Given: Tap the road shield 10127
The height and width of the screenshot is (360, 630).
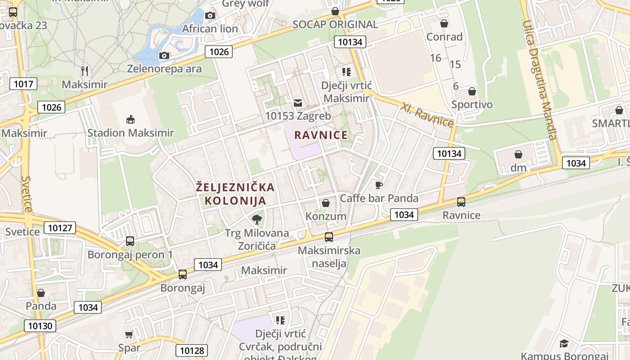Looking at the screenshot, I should coord(60,228).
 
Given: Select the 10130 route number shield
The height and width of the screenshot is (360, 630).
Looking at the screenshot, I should coord(40,326).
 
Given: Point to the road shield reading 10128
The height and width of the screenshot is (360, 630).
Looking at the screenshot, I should coord(192,351).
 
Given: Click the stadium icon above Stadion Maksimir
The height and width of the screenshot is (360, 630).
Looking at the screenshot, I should coord(130,120).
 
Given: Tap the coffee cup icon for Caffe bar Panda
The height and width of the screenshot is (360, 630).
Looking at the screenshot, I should coord(379,185).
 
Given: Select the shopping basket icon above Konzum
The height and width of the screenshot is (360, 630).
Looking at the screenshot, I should coord(326,203).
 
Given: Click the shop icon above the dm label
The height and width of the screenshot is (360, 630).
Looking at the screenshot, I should coord(518,154).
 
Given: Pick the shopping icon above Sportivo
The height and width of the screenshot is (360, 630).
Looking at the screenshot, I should coord(472,92).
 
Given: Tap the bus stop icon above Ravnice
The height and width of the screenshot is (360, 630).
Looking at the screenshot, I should coord(461,202).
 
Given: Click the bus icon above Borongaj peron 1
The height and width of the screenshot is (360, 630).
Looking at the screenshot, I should coord(130,241).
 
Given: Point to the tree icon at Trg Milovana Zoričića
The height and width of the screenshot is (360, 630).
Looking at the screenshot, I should coord(257,220).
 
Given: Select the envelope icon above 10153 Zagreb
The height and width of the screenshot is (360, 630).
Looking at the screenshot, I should coord(298,103).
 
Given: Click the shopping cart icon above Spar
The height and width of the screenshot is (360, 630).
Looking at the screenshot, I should coord(129,334).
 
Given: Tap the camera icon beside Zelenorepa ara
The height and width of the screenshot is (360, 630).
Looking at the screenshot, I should coord(165,55).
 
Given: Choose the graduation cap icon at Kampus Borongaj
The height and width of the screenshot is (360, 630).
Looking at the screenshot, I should coord(564,344).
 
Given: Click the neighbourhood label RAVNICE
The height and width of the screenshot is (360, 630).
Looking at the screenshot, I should coord(321,135).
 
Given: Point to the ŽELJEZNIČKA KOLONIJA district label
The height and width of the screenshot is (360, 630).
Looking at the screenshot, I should coord(235,193).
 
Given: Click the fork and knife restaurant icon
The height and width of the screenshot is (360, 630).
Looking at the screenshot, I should coord(85,71).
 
